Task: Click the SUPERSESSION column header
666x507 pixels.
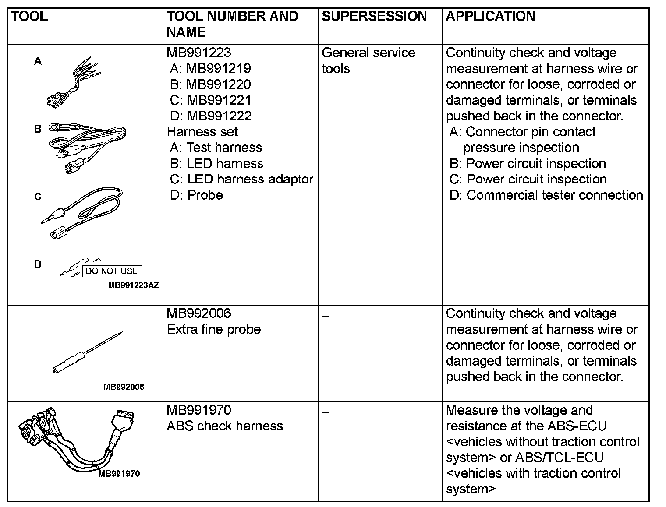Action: (x=374, y=17)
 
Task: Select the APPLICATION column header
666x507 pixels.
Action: (x=490, y=17)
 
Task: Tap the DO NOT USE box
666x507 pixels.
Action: (x=112, y=271)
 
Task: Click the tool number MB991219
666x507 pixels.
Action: (x=218, y=68)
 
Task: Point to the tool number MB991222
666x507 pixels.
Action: (x=219, y=116)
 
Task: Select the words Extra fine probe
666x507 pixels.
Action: (x=214, y=329)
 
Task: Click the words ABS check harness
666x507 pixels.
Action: (x=225, y=426)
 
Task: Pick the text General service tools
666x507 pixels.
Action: (x=368, y=60)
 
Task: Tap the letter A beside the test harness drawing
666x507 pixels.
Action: (x=38, y=61)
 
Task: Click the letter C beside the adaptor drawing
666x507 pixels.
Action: (x=38, y=197)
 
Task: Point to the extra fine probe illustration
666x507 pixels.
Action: (x=88, y=352)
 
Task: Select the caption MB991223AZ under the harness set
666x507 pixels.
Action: (x=133, y=285)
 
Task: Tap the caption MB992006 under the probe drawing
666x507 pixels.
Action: (x=124, y=387)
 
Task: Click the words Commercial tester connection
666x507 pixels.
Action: (x=555, y=195)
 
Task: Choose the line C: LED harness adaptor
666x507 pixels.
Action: (x=241, y=180)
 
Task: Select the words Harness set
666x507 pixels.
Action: (x=202, y=132)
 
